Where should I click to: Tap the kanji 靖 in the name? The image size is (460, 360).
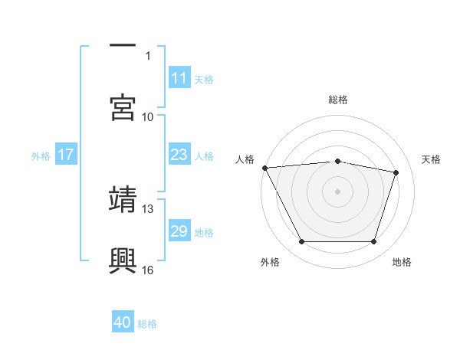pos(123,198)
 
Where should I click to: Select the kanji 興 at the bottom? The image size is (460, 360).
pos(123,260)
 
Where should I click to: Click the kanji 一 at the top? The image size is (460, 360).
pos(123,45)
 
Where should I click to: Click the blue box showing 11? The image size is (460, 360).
pos(179,78)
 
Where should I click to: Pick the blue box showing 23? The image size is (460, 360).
pos(179,155)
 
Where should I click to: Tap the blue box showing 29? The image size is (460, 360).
pos(179,231)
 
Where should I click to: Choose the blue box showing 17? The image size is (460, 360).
pos(65,155)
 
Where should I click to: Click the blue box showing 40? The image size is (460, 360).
pos(123,323)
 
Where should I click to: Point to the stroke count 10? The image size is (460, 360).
pos(148,117)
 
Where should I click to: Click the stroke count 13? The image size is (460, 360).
pos(148,208)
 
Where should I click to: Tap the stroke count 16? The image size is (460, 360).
pos(148,270)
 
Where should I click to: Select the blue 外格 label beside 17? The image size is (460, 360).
pos(41,156)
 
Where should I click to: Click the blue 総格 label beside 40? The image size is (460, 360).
pos(147,324)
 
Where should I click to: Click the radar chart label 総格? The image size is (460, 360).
pos(338,100)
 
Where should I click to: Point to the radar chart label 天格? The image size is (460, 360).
pos(432,159)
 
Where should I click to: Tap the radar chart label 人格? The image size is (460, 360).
pos(245,159)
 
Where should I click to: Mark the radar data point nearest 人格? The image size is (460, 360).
pos(264,168)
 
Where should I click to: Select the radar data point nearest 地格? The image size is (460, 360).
pos(373,242)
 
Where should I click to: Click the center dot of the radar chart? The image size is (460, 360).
pos(338,191)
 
